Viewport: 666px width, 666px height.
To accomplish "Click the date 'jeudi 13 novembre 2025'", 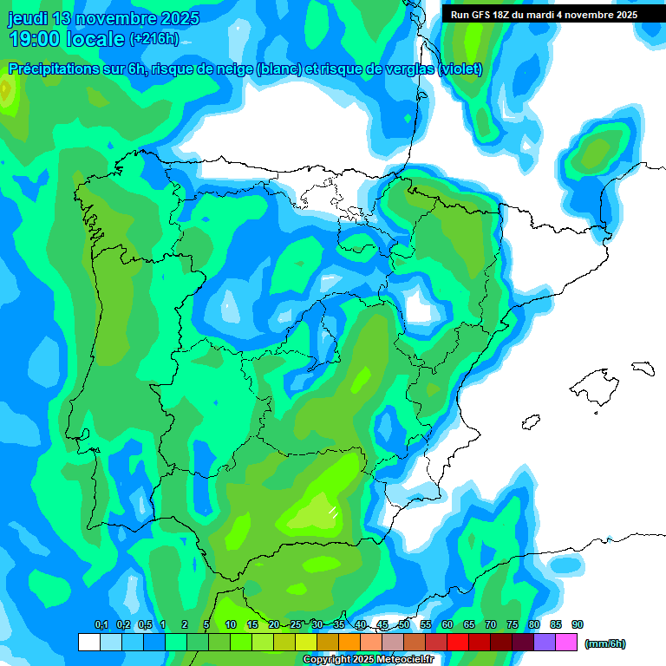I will pos(103,18).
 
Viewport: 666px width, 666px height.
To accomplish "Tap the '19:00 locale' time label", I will pos(66,39).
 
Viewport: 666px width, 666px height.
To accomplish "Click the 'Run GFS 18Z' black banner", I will pos(545,15).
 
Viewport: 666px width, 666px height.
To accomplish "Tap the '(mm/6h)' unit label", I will pos(604,643).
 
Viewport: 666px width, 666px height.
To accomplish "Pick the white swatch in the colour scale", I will pos(88,643).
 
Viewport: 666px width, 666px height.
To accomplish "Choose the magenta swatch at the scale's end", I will pos(566,643).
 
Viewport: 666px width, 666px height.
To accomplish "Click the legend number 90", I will pos(578,625).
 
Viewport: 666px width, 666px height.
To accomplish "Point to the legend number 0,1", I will pos(101,625).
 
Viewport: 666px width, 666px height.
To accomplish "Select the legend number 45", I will pos(382,625).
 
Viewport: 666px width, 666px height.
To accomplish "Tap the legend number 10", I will pos(230,625).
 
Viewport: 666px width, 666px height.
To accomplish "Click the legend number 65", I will pos(469,625).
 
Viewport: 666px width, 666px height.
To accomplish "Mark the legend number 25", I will pos(296,625).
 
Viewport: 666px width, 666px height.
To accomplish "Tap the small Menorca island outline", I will pos(642,368).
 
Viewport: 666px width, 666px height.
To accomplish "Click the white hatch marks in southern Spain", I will pos(331,512).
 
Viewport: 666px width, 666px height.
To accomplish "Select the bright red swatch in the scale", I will pos(458,643).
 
